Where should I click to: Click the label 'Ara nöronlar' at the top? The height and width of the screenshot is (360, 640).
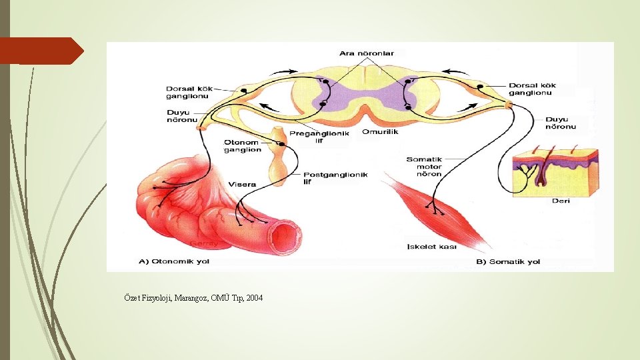[x=367, y=53]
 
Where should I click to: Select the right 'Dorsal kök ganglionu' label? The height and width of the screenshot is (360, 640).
[x=531, y=89]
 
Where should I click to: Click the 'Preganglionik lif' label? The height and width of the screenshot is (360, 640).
[x=326, y=137]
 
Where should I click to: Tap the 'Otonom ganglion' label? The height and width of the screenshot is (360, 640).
[x=242, y=146]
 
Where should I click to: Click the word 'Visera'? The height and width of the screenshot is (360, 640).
[x=242, y=184]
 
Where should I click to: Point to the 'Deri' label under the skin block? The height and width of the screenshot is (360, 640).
[x=561, y=201]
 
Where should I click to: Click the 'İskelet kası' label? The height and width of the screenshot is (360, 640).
[x=431, y=247]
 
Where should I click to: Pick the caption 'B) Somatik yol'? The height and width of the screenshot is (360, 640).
[x=509, y=262]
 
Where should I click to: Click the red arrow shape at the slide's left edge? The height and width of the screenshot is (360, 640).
[x=41, y=51]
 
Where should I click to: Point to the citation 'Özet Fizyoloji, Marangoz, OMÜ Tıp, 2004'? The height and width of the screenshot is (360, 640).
[x=193, y=297]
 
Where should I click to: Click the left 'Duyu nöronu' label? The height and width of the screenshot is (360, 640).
[x=183, y=117]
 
